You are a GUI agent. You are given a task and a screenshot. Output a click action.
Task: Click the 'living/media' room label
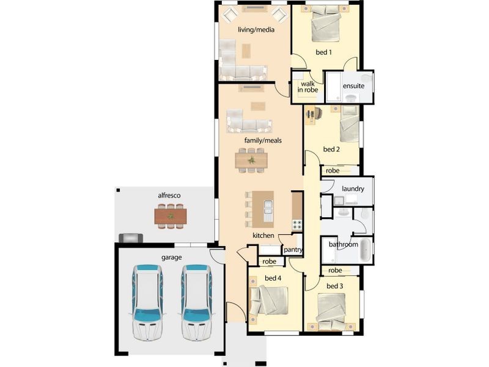pos(256,29)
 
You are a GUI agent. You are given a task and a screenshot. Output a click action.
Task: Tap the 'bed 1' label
pos(323,52)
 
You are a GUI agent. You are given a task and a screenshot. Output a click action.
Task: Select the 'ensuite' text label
pos(353,86)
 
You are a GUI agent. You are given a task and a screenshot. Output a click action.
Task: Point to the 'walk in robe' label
pos(308,86)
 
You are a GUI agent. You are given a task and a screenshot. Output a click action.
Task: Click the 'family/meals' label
pos(263,141)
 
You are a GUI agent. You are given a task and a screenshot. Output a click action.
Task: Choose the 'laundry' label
pos(353,189)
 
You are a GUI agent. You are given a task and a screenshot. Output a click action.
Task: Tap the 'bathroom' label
pos(344,245)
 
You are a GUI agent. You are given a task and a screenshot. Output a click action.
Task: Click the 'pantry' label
pos(292,250)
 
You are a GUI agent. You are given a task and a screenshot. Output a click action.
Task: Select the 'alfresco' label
pos(169,196)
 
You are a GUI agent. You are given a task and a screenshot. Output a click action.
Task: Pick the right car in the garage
pos(196,302)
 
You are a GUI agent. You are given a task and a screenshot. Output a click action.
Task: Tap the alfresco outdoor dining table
pos(170,216)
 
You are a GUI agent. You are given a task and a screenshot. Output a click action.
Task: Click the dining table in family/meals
pos(251,160)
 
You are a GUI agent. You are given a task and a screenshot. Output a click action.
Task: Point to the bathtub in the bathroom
pos(365,250)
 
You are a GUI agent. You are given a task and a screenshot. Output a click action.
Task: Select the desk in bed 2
pos(311,113)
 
